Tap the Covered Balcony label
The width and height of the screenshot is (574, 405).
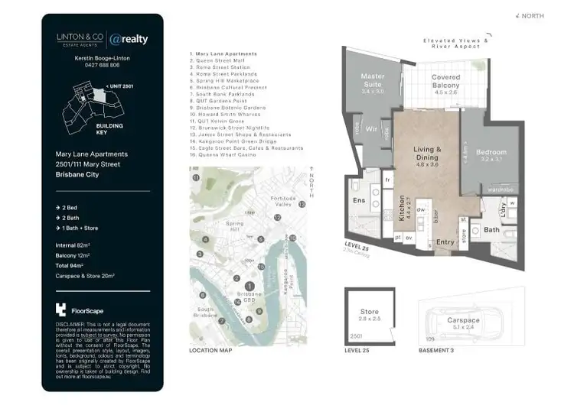[445, 82]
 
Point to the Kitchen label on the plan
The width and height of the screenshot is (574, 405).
[402, 208]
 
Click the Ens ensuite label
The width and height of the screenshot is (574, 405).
[359, 200]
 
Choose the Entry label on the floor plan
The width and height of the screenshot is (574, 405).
[445, 242]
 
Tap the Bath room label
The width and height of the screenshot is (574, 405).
[492, 229]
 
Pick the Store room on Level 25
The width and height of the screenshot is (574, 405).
[369, 316]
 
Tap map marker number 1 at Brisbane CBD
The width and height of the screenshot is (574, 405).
[249, 287]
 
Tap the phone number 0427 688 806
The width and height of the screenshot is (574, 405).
[103, 66]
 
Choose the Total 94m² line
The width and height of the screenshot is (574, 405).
[76, 264]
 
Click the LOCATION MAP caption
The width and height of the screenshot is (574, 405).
[210, 352]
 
